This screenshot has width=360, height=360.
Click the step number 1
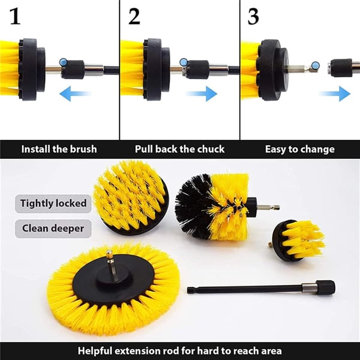point(15,17)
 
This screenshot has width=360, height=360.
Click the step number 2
point(134,17)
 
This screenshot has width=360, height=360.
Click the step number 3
point(253,17)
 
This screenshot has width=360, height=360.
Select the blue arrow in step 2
point(201,94)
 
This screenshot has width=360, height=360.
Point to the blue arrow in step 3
point(335,94)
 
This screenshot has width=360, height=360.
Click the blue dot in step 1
point(64,62)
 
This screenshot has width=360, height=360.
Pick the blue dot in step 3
point(316,65)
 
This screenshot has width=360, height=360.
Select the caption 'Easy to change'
point(300,149)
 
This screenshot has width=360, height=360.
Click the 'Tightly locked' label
point(53,203)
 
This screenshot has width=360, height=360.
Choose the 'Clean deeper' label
point(53,229)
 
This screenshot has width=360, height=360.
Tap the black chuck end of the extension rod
point(325,287)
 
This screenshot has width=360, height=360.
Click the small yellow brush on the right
point(298,240)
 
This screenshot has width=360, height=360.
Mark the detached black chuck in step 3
point(340,67)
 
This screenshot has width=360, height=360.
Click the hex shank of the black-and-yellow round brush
point(268,208)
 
